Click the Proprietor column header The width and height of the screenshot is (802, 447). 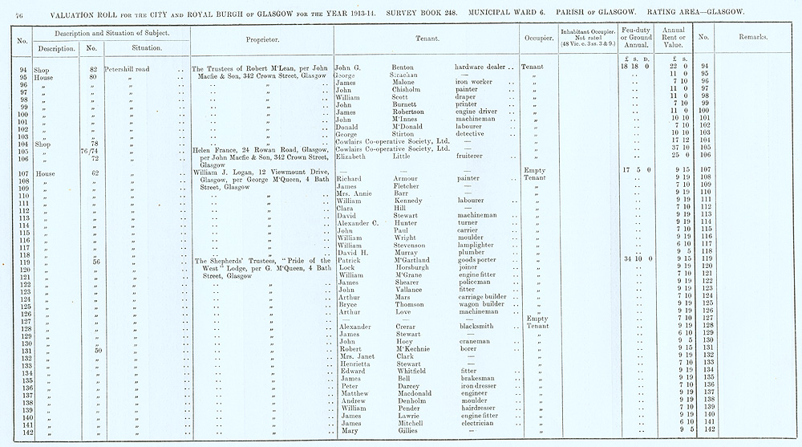tap(261, 39)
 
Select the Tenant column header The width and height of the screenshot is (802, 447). tap(424, 39)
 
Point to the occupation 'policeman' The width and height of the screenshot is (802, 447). tap(473, 282)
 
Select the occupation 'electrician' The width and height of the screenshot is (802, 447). tap(475, 423)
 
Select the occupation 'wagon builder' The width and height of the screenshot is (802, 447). tap(480, 305)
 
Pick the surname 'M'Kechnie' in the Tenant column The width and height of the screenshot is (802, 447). tap(414, 350)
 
